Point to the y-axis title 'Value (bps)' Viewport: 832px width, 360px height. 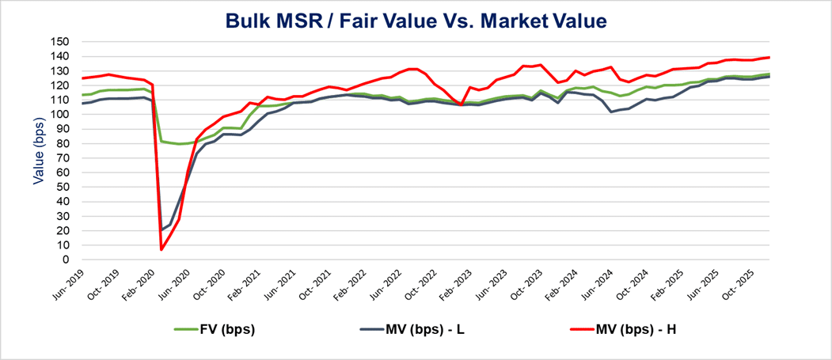pos(37,150)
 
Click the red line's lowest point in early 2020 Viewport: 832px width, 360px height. pos(161,250)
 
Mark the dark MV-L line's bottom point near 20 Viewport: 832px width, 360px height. pos(161,230)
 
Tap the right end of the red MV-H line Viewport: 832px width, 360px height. pos(769,57)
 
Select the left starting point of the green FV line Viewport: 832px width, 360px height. pos(82,95)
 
